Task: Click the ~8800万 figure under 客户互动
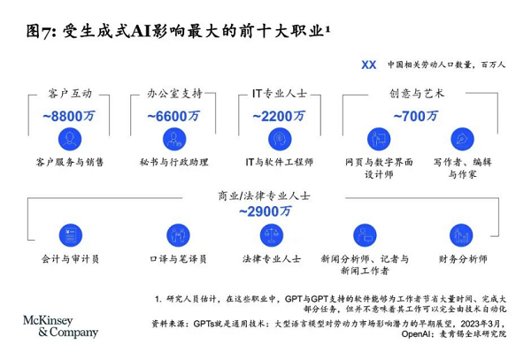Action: point(71,115)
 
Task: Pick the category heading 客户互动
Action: point(71,94)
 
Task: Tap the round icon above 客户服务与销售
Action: point(71,139)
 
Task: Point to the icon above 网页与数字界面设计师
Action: point(377,139)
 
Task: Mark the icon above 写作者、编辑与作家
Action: point(461,139)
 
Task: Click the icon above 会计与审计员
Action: point(71,234)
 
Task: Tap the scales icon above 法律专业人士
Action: point(272,234)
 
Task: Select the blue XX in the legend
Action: point(369,65)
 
